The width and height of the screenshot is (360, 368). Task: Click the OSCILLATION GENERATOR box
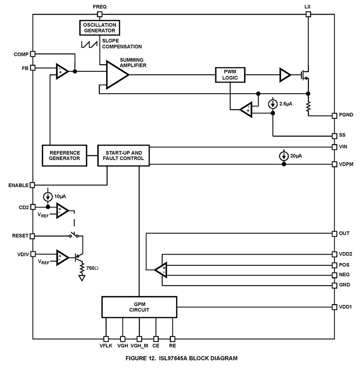coord(100,28)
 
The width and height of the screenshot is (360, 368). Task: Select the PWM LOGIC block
coord(230,75)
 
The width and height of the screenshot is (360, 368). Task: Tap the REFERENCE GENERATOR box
coord(65,155)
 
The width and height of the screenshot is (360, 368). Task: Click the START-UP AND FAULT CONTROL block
coord(123,155)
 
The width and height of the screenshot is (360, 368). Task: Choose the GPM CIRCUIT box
coord(139,307)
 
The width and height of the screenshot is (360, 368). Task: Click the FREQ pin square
coord(100,14)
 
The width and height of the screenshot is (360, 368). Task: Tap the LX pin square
coord(308,14)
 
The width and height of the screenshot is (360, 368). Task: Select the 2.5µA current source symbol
coord(273,104)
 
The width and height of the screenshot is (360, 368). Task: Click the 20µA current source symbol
coord(284,156)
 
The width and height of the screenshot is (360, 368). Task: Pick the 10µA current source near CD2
coord(48,197)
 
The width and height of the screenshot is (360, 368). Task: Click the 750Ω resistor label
coord(92,268)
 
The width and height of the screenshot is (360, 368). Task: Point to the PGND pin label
coord(346,115)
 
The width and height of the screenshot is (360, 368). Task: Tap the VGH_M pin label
coord(140,346)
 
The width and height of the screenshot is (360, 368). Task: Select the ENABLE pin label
coord(18,185)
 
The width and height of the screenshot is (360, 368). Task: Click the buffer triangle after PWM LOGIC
coord(285,75)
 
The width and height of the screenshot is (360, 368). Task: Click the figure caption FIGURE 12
coord(182,358)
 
